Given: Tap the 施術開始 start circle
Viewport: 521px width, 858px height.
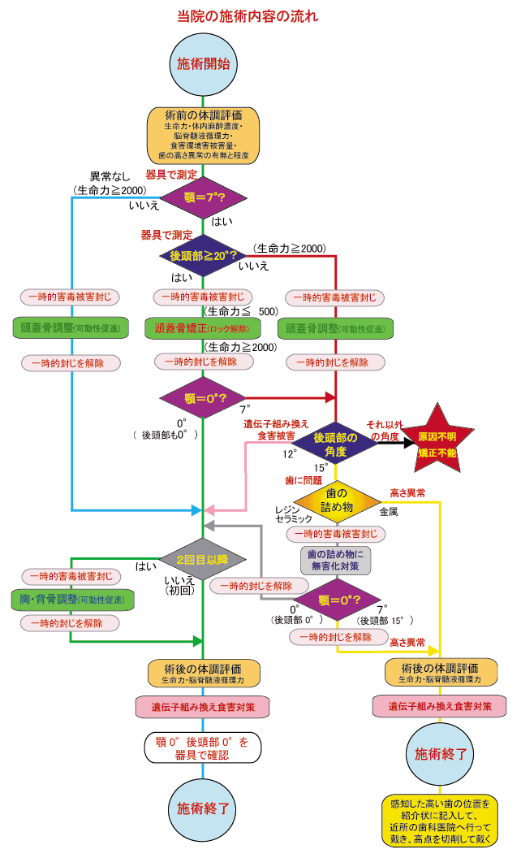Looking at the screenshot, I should pyautogui.click(x=202, y=63).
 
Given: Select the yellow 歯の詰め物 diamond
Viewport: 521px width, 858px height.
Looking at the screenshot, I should pyautogui.click(x=336, y=497).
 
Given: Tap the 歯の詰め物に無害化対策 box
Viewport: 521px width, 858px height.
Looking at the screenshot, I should pyautogui.click(x=336, y=561).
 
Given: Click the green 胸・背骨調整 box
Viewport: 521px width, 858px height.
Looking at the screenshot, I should pyautogui.click(x=71, y=599).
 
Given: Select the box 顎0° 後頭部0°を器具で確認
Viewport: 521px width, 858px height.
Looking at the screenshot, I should pyautogui.click(x=202, y=747).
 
